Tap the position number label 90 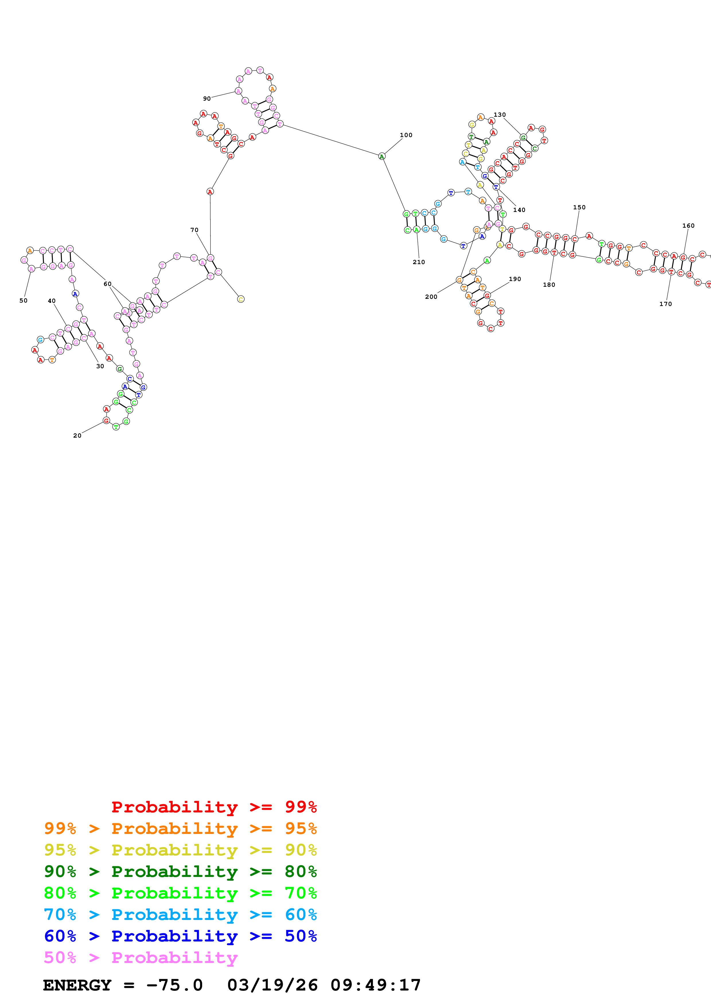click(207, 99)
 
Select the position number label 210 click(418, 262)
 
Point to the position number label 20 click(77, 436)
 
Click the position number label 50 click(23, 301)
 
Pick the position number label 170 click(665, 304)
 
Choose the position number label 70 click(194, 230)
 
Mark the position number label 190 click(515, 279)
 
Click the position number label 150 click(579, 207)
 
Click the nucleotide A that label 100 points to click(381, 156)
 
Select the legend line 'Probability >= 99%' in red click(214, 807)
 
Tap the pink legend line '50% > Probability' click(141, 957)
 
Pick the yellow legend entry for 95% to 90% click(180, 850)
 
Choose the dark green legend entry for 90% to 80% click(180, 872)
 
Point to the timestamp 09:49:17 click(375, 985)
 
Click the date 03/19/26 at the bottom click(272, 985)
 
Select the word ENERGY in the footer click(77, 985)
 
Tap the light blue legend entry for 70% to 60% click(180, 915)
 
